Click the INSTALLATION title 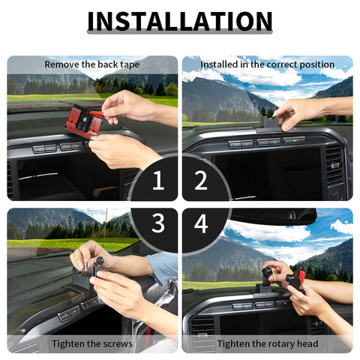coord(180,21)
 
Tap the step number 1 coord(157,181)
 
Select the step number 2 coord(201,181)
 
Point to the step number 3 coord(157,224)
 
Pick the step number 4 coord(201,224)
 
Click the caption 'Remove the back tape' coord(92,64)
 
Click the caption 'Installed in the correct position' coord(267,64)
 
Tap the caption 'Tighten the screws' coord(92,343)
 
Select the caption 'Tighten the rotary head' coord(267,343)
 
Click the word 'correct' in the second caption coord(271,64)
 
